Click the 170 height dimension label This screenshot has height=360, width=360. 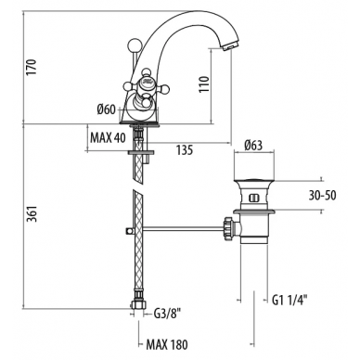[x=32, y=67]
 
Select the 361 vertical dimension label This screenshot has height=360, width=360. [x=32, y=213]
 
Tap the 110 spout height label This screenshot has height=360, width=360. [x=204, y=84]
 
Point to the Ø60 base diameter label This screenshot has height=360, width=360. [x=106, y=109]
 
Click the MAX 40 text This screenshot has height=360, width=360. [x=108, y=137]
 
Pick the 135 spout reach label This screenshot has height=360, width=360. [x=185, y=150]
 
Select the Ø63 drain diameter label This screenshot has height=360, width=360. [x=253, y=145]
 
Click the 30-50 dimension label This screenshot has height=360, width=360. [x=322, y=196]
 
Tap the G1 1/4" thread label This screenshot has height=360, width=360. [x=289, y=300]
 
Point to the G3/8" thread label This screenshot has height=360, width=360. [x=167, y=315]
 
